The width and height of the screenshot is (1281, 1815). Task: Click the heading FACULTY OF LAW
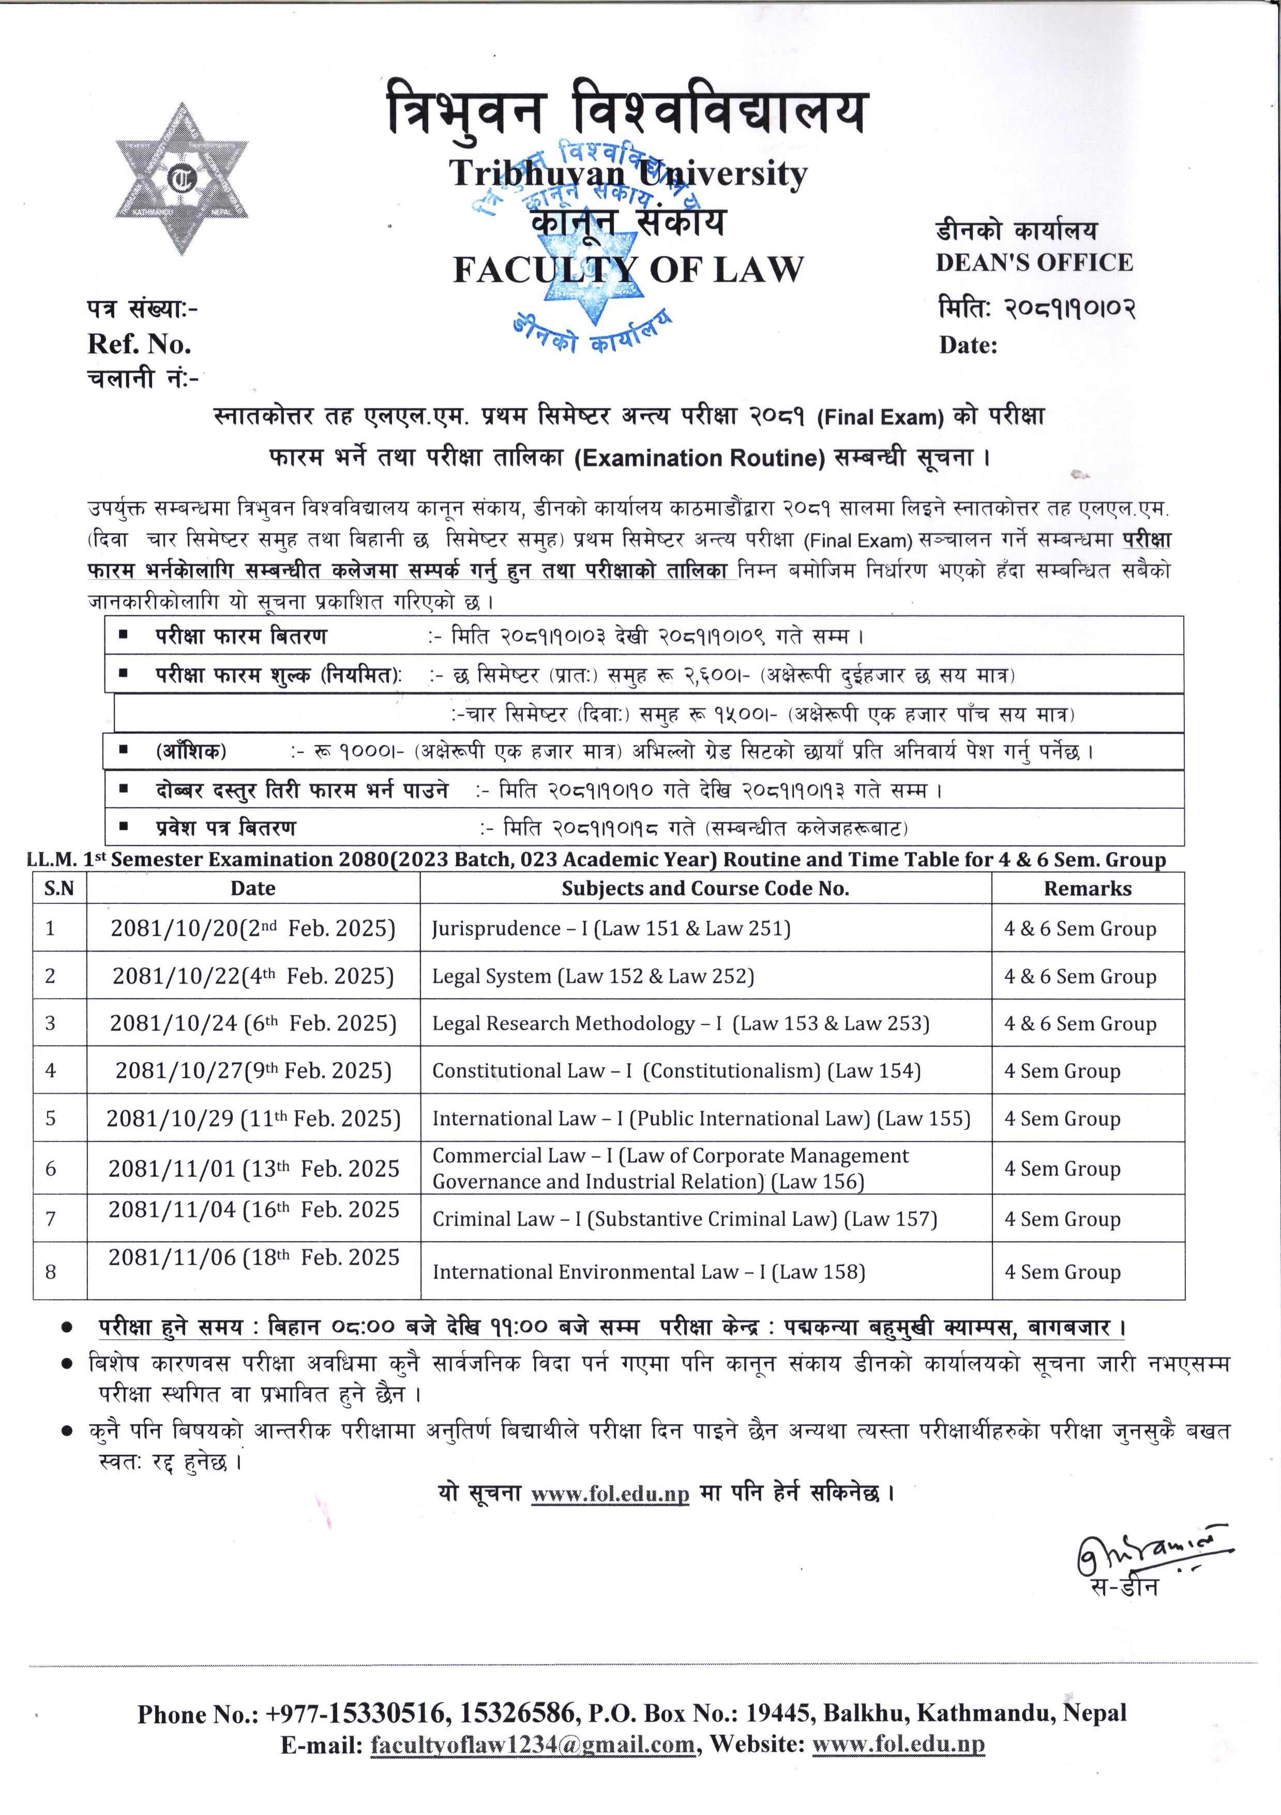(628, 271)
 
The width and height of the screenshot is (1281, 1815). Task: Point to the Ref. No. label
(140, 344)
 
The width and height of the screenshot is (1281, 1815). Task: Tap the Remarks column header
(1088, 888)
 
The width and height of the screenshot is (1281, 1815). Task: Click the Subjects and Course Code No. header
(705, 888)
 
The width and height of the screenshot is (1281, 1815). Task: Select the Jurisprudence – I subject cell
(611, 928)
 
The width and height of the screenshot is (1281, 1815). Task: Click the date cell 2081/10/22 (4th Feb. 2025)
(253, 976)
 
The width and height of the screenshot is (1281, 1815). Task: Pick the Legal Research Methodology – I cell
(681, 1024)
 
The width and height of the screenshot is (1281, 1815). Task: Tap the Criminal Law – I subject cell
(684, 1219)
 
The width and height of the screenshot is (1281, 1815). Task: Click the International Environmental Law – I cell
(648, 1272)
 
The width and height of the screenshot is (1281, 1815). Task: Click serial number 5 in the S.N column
(51, 1119)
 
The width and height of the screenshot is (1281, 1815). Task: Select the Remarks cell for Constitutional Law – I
(1062, 1071)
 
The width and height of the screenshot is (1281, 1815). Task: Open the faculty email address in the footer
(533, 1745)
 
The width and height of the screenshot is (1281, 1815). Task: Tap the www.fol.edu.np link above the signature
(610, 1493)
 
